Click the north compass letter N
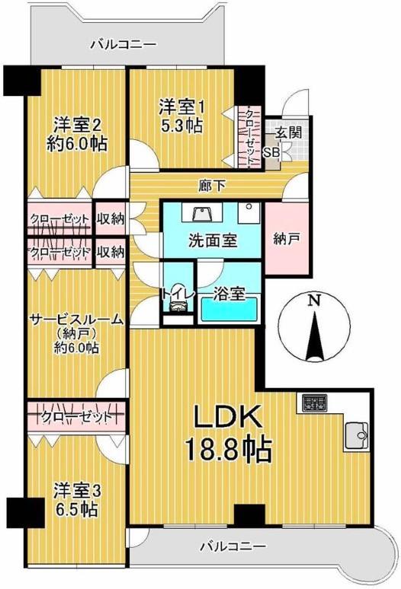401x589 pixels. pos(313,300)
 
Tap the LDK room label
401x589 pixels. pos(227,417)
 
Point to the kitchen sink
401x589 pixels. pos(356,436)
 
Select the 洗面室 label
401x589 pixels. pos(213,241)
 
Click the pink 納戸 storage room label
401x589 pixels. pos(287,238)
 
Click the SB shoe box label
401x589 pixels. pos(271,152)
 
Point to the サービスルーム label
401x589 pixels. pos(76,320)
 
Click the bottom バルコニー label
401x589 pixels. pos(233,546)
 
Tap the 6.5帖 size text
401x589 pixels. pos(75,509)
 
